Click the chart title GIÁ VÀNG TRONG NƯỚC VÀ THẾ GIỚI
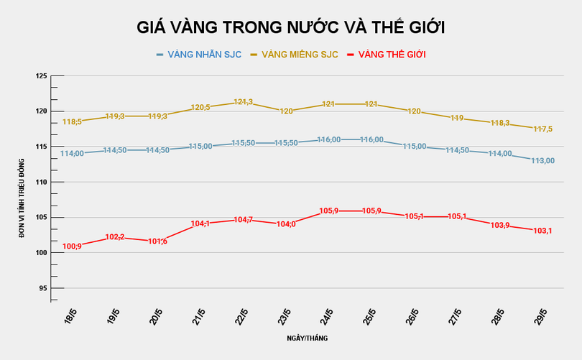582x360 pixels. tap(292, 28)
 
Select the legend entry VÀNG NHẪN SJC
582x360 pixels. tap(203, 55)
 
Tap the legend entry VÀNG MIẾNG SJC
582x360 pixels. tap(299, 55)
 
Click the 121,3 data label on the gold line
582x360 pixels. tap(243, 102)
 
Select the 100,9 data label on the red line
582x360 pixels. tap(73, 246)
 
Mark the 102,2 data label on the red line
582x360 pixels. tap(115, 237)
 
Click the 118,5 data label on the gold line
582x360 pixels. tap(73, 122)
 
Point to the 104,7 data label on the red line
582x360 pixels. tap(243, 219)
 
